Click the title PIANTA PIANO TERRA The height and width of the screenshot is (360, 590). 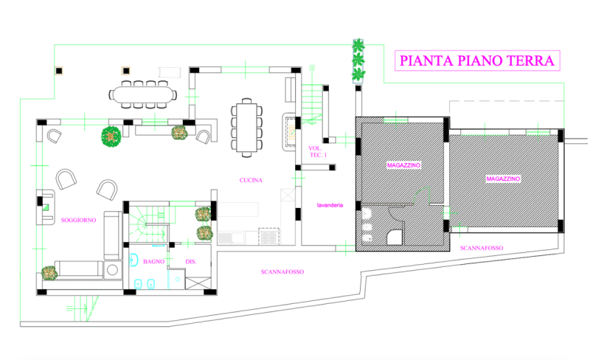pyautogui.click(x=476, y=60)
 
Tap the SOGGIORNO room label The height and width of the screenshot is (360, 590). pyautogui.click(x=78, y=220)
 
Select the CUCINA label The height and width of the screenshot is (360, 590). pyautogui.click(x=251, y=180)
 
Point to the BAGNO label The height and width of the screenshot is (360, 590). pyautogui.click(x=153, y=261)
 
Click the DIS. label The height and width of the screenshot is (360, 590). pyautogui.click(x=191, y=261)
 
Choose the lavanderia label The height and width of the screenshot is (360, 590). pyautogui.click(x=330, y=205)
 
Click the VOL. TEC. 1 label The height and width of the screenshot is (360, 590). pyautogui.click(x=317, y=152)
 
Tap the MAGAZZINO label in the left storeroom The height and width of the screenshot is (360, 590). pyautogui.click(x=403, y=165)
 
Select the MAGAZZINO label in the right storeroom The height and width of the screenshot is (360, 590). pyautogui.click(x=503, y=179)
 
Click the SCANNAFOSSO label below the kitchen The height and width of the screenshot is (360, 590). pyautogui.click(x=282, y=271)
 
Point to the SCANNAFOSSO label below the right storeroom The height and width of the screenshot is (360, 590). pyautogui.click(x=482, y=248)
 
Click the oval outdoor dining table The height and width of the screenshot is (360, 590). pyautogui.click(x=143, y=94)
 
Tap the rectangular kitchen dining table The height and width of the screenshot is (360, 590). pyautogui.click(x=246, y=128)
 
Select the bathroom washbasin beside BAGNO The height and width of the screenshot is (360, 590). pyautogui.click(x=133, y=260)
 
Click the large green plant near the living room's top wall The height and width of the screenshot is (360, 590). pyautogui.click(x=111, y=136)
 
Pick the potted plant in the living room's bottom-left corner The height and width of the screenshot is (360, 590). pyautogui.click(x=49, y=273)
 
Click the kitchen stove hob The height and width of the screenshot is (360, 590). pyautogui.click(x=268, y=237)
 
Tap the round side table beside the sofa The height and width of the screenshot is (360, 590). pyautogui.click(x=113, y=269)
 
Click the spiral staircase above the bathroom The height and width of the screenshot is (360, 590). pyautogui.click(x=147, y=225)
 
